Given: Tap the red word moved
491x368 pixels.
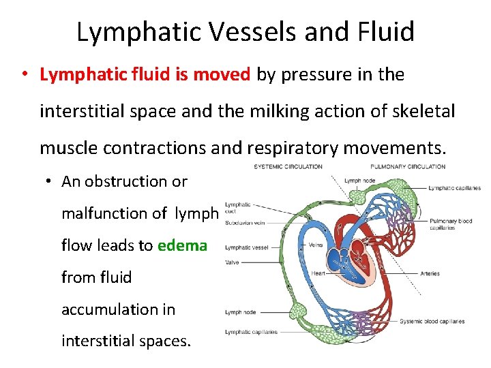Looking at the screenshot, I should click(x=222, y=75).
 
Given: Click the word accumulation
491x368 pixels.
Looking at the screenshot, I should click(x=118, y=309).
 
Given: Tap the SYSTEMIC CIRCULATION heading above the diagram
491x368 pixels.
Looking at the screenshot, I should click(x=287, y=166).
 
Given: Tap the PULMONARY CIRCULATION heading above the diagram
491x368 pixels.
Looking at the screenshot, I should click(x=408, y=166).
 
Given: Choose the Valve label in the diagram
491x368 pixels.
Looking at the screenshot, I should click(x=232, y=261).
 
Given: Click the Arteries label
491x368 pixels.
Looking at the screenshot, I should click(x=430, y=274).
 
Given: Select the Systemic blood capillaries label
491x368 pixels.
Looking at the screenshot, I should click(x=432, y=321).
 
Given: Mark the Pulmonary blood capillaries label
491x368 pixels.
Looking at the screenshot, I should click(x=450, y=224).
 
